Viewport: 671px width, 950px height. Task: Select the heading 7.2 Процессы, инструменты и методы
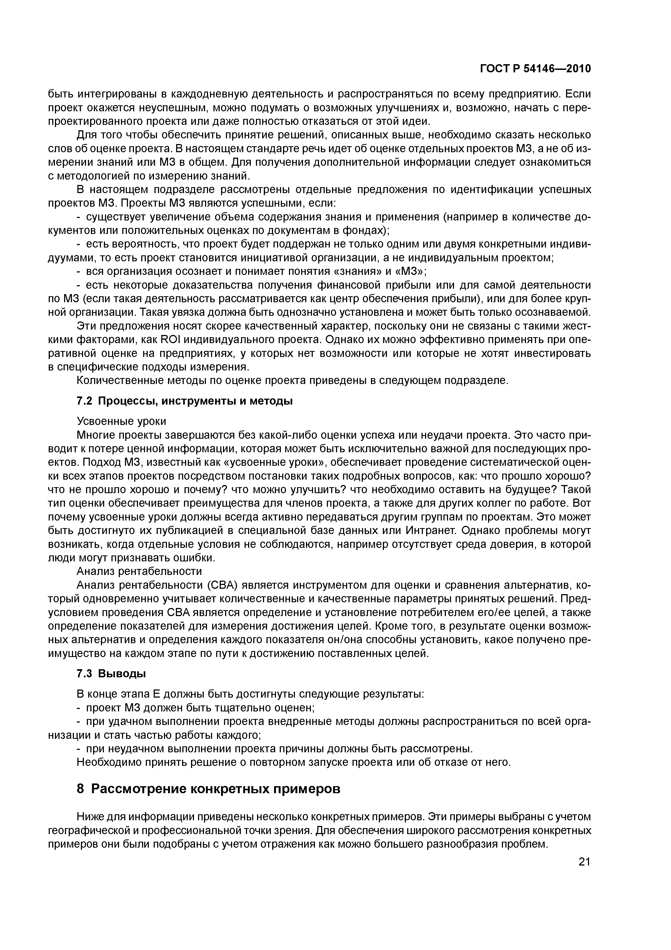click(x=185, y=401)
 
